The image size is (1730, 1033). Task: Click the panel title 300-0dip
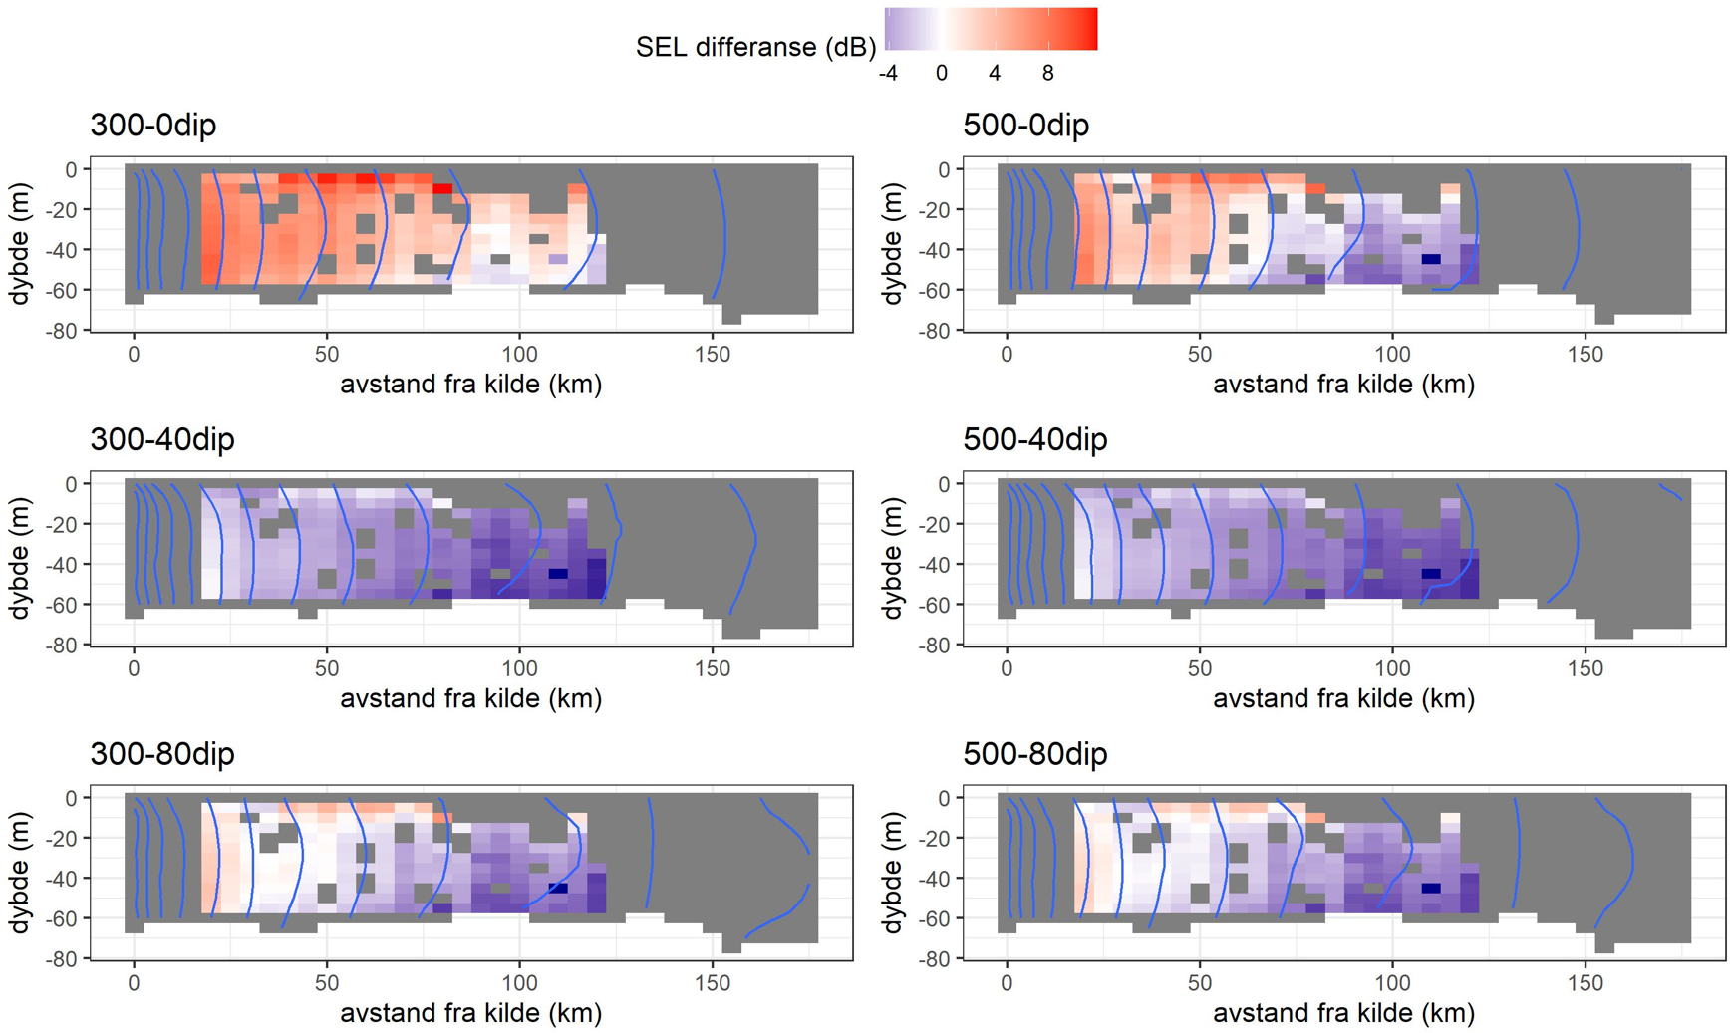pyautogui.click(x=152, y=126)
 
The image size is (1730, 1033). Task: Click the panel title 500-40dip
pyautogui.click(x=1034, y=439)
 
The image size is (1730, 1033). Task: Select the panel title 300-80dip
pyautogui.click(x=161, y=754)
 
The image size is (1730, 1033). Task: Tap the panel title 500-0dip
pyautogui.click(x=1025, y=126)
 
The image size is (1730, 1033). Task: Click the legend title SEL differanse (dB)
pyautogui.click(x=755, y=47)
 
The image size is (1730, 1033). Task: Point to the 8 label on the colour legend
pyautogui.click(x=1047, y=74)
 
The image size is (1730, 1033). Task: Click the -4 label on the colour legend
pyautogui.click(x=887, y=74)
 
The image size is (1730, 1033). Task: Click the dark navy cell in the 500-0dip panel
pyautogui.click(x=1431, y=259)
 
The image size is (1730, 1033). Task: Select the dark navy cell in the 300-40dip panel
pyautogui.click(x=558, y=574)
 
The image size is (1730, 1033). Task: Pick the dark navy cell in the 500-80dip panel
pyautogui.click(x=1431, y=888)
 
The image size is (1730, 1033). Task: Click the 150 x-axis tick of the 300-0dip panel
pyautogui.click(x=713, y=355)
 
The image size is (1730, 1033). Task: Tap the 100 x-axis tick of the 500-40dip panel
pyautogui.click(x=1392, y=668)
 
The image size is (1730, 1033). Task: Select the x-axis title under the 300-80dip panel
pyautogui.click(x=470, y=1013)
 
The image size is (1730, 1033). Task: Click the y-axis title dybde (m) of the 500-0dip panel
pyautogui.click(x=892, y=244)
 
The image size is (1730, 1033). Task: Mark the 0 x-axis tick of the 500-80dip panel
pyautogui.click(x=1008, y=983)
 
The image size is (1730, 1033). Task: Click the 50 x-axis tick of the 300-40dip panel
pyautogui.click(x=327, y=668)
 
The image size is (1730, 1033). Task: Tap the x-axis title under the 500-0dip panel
pyautogui.click(x=1343, y=385)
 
